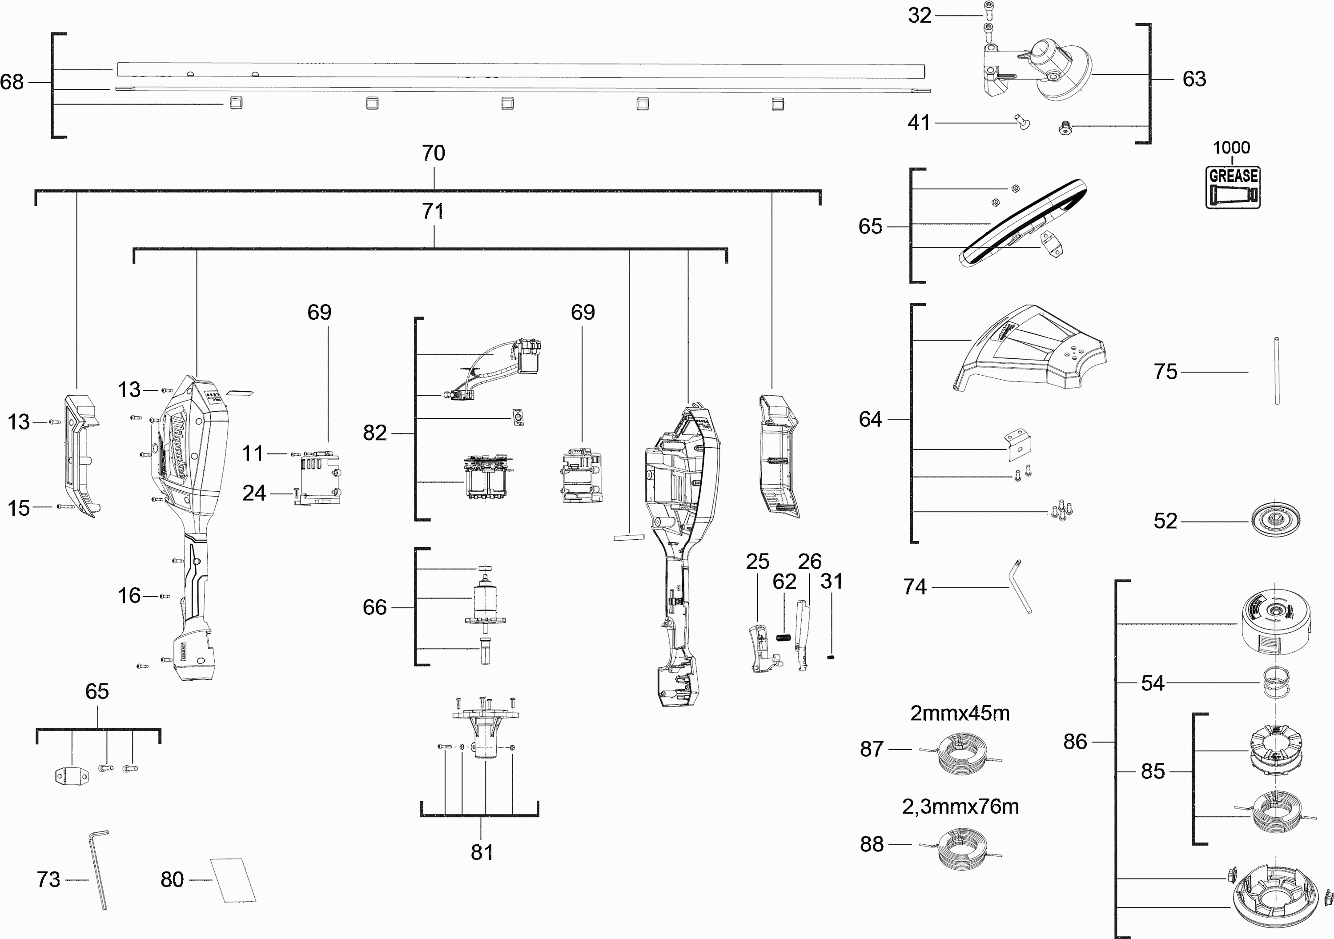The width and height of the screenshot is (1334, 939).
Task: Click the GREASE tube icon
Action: (x=1232, y=187)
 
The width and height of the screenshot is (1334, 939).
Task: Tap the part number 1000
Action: (x=1231, y=148)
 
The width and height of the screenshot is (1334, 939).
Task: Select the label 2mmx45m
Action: (x=959, y=713)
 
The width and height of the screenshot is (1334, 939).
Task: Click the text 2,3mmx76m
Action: (x=960, y=807)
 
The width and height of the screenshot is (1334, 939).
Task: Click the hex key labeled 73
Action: (x=100, y=870)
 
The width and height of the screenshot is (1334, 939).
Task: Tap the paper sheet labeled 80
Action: (x=233, y=880)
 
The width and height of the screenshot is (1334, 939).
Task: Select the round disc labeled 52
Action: (x=1275, y=519)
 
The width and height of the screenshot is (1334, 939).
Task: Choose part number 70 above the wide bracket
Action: (x=434, y=153)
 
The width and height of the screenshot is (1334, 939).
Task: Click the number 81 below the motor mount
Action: (x=482, y=852)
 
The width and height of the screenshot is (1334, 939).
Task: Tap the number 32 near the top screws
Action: (x=919, y=15)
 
